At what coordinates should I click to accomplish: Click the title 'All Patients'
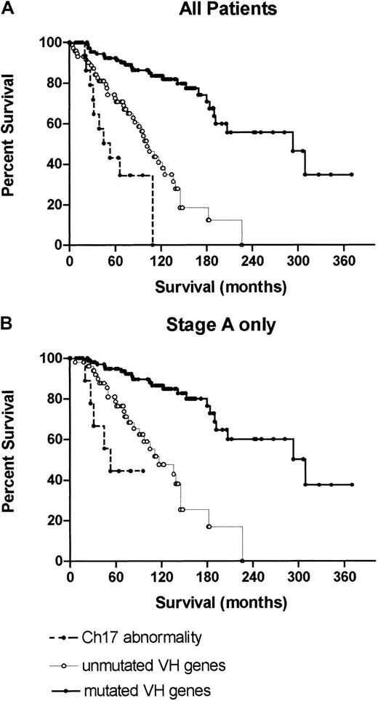pos(220,11)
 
